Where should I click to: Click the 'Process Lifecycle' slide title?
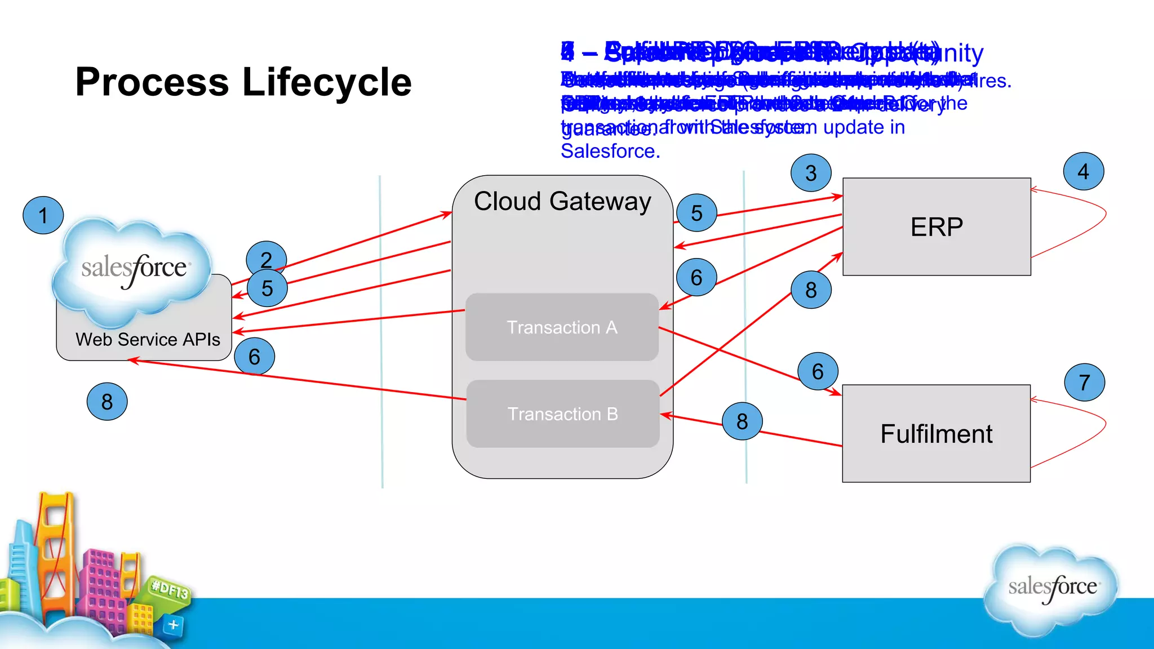(243, 82)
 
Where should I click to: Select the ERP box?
(936, 227)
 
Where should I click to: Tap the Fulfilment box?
(936, 434)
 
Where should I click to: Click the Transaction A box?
(562, 327)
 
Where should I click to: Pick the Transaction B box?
(562, 414)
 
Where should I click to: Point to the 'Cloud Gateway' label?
(562, 201)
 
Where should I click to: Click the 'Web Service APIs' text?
(148, 339)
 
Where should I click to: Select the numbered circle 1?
(43, 215)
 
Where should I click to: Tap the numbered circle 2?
(267, 259)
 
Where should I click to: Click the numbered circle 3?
(811, 173)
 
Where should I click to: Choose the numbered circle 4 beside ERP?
(1083, 171)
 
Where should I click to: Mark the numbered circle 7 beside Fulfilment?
(1084, 382)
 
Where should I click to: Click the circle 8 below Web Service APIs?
(107, 402)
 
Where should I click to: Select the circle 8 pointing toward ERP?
(811, 290)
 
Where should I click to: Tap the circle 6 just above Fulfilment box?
(818, 371)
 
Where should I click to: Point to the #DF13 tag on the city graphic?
(170, 590)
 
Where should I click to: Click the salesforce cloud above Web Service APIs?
(133, 268)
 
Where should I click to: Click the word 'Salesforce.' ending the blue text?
(610, 151)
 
